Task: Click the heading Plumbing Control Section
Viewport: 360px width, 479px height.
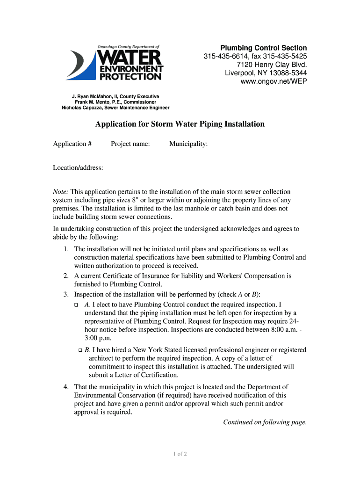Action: pos(264,48)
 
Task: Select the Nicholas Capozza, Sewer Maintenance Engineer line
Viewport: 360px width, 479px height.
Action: pos(115,108)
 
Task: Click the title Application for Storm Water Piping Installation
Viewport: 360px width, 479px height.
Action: pos(180,124)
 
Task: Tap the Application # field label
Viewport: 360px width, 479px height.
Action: pos(72,144)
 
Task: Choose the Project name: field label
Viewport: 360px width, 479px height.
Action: pos(130,144)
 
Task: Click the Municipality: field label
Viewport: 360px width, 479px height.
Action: pos(188,144)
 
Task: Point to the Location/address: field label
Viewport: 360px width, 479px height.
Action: pos(78,168)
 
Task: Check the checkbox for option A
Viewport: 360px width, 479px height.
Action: pos(76,305)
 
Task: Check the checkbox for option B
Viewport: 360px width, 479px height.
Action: pos(80,350)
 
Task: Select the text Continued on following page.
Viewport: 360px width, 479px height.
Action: pos(265,422)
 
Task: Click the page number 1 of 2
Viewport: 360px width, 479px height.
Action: pos(180,454)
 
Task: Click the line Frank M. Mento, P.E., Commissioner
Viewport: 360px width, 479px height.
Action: pos(115,102)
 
